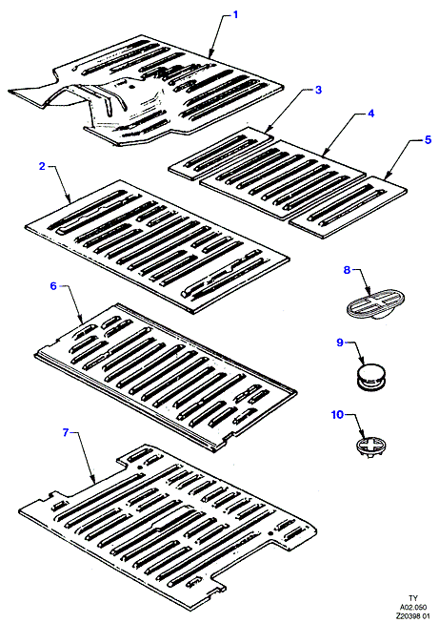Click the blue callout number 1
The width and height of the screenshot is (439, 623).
point(236,15)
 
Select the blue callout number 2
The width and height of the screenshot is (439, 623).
point(43,166)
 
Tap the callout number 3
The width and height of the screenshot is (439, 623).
point(318,90)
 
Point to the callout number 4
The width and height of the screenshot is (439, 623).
point(370,114)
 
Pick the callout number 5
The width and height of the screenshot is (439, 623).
point(428,139)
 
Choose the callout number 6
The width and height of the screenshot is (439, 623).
point(53,285)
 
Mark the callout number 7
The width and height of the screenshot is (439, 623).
point(67,432)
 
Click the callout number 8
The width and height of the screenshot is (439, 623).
point(347,270)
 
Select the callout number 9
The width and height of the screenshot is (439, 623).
point(340,343)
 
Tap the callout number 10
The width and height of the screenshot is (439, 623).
point(337,414)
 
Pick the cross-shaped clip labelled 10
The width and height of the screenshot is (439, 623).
point(370,447)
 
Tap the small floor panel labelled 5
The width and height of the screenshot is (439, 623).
point(349,207)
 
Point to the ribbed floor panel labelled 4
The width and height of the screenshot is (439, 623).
point(283,178)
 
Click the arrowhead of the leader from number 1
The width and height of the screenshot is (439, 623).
point(210,54)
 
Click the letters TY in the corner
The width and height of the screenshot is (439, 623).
point(413,598)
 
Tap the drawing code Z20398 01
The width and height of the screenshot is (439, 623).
point(413,615)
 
